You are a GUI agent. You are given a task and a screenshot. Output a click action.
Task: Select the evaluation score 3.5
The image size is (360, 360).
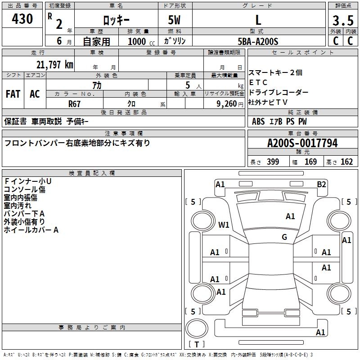pos(342,20)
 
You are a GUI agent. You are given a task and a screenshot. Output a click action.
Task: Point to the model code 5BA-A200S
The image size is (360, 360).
pos(258,41)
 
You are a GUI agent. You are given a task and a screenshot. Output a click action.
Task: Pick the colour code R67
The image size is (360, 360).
pos(75,104)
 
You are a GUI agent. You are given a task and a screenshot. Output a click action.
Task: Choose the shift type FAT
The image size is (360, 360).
pos(13,94)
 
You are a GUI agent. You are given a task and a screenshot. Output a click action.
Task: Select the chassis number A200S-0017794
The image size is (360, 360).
pos(302,143)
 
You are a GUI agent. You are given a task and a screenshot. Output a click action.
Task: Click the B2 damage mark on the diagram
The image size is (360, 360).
pos(321,184)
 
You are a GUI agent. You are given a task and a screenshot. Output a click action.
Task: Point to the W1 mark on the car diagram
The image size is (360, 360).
pos(224,225)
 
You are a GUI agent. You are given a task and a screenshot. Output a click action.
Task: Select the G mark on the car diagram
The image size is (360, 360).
pos(284,237)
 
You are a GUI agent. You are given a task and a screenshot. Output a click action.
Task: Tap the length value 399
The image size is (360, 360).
pos(273,162)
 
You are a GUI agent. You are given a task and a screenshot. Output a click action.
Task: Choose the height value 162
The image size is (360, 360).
pos(346,162)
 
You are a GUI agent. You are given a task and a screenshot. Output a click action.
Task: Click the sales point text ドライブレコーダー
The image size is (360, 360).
pos(278,92)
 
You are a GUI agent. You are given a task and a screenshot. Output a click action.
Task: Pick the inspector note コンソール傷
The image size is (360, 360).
pos(24,189)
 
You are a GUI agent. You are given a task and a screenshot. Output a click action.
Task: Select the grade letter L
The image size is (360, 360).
pos(258,20)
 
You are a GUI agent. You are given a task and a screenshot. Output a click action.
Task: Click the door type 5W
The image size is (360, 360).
pos(175,20)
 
